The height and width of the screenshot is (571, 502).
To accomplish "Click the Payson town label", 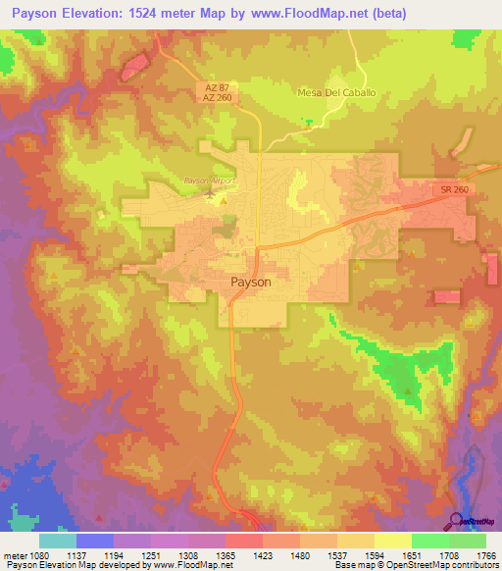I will tap(250, 281).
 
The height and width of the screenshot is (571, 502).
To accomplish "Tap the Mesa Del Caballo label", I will tap(336, 92).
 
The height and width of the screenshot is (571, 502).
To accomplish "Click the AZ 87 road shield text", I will tap(216, 86).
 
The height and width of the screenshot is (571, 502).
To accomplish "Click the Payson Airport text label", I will tap(212, 181).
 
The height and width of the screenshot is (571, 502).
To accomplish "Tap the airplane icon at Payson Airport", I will tap(215, 192).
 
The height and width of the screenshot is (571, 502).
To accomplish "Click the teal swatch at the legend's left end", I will tap(58, 540).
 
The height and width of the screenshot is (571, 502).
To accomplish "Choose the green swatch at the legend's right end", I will tap(467, 540).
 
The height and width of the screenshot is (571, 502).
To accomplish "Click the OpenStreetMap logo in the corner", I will tap(456, 523).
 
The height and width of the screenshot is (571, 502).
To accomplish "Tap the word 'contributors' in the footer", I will tap(472, 565).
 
